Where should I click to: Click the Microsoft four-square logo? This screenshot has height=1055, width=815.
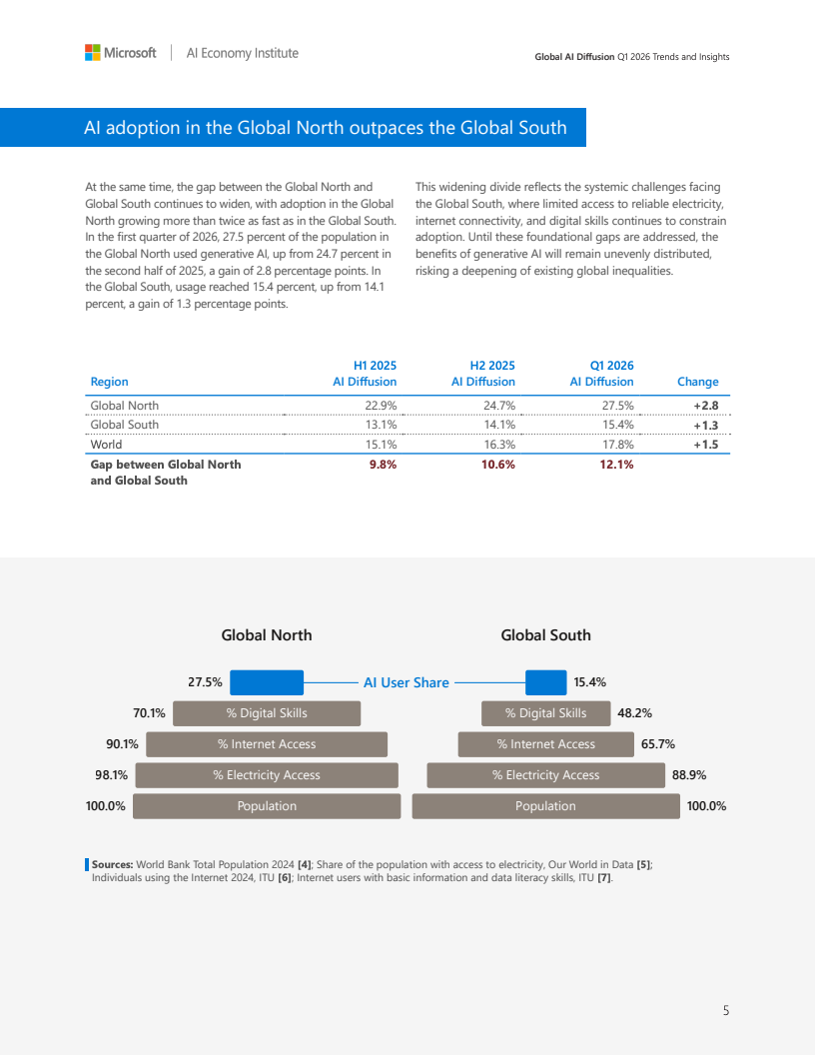[93, 53]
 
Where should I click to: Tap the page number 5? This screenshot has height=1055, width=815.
[725, 1011]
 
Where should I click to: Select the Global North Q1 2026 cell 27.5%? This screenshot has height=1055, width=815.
[617, 406]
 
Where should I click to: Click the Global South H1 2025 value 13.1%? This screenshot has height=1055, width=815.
[381, 425]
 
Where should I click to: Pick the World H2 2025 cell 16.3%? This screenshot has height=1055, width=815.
[499, 445]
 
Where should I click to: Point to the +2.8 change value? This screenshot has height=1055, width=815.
[706, 406]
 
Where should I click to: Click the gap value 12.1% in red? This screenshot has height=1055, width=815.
[616, 465]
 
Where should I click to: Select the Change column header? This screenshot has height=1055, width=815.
[698, 382]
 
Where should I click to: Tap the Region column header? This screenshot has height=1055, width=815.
[109, 382]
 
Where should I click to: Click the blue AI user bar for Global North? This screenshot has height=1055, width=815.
[267, 682]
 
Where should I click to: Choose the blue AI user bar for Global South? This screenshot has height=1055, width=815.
[545, 682]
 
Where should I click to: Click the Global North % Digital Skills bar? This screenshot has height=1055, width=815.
[267, 713]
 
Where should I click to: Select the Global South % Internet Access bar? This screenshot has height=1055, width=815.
[545, 744]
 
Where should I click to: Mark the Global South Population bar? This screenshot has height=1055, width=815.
[545, 806]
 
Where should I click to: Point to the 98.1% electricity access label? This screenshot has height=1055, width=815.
[111, 775]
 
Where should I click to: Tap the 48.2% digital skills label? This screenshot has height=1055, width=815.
[635, 713]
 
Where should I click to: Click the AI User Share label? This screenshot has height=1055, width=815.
[407, 682]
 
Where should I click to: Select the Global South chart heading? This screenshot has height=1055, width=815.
[545, 635]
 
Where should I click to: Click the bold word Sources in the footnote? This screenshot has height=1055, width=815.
[112, 864]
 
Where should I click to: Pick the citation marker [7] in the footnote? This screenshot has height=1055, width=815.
[604, 877]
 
